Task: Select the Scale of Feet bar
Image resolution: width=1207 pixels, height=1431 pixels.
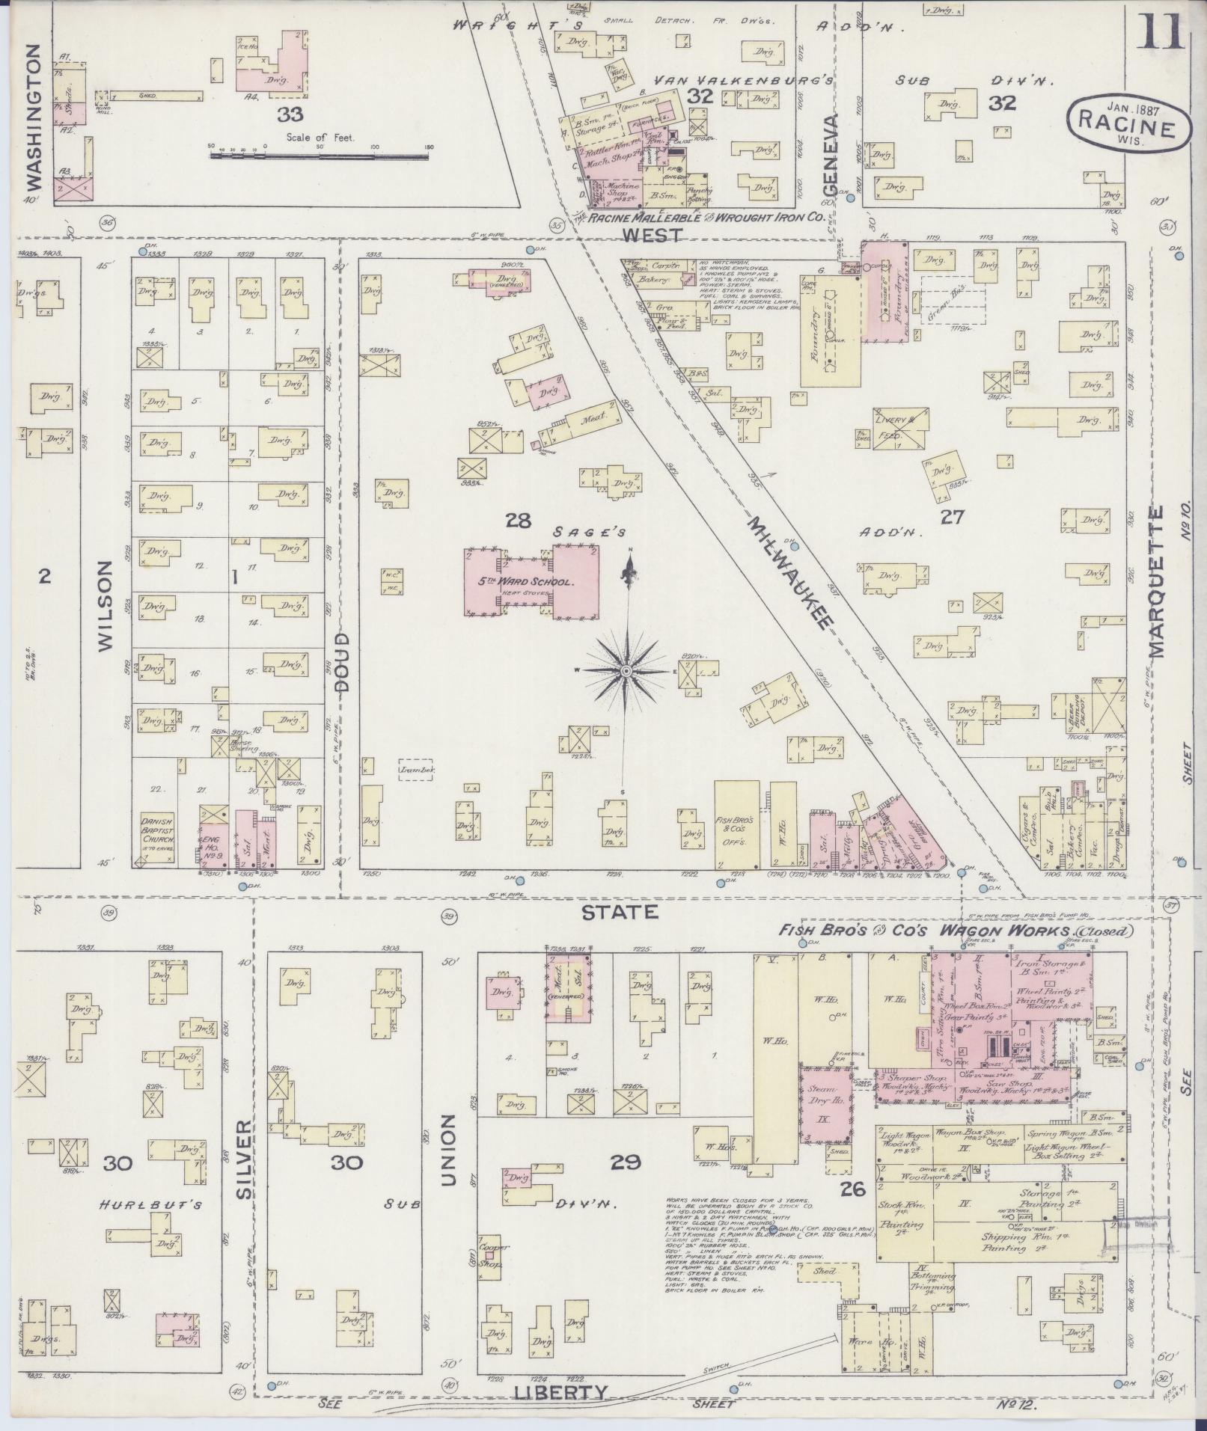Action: click(319, 155)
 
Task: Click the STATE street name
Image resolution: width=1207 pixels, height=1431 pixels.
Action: click(620, 912)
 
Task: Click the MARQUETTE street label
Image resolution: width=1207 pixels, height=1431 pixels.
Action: click(1157, 582)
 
